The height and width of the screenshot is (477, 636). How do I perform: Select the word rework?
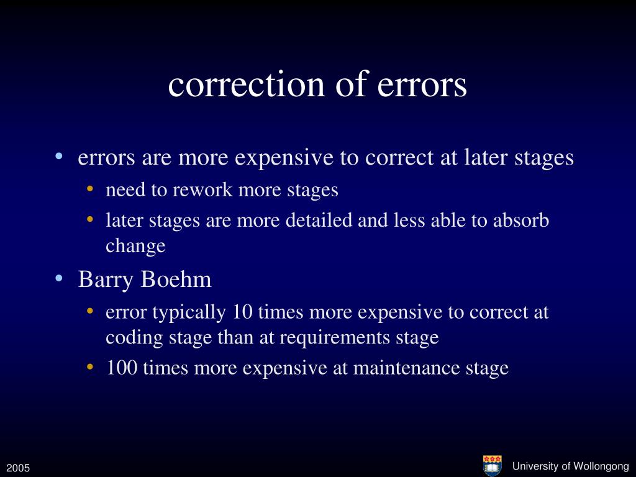click(197, 189)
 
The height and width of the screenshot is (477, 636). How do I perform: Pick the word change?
click(135, 246)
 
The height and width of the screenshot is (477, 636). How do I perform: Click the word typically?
click(190, 312)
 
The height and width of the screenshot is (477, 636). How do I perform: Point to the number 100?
click(122, 368)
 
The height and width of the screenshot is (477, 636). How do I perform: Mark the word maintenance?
click(407, 368)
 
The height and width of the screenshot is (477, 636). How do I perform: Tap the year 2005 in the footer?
click(19, 467)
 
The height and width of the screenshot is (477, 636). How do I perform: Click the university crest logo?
click(492, 465)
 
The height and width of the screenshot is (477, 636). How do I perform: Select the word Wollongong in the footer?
click(601, 466)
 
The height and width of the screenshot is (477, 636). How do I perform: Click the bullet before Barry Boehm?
click(58, 279)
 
